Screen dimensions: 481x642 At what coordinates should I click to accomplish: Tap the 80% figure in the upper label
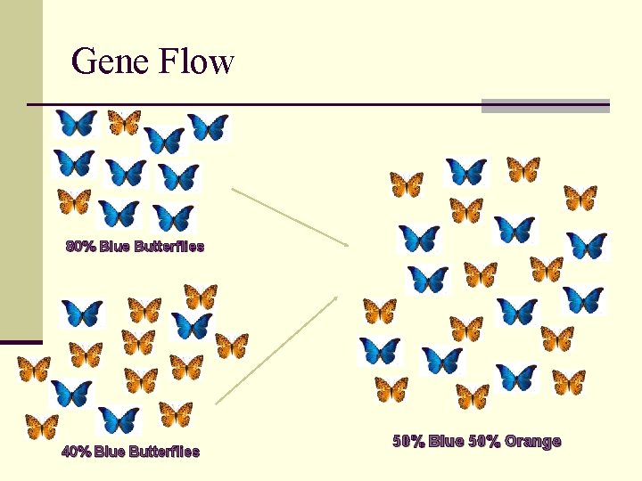(x=81, y=247)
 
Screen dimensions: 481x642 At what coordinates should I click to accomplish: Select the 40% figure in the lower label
(x=77, y=452)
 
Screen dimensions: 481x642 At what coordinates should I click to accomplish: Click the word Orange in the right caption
(x=532, y=441)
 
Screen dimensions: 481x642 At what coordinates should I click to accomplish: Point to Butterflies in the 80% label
(x=169, y=247)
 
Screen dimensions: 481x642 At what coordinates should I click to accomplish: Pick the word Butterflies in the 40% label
(x=164, y=452)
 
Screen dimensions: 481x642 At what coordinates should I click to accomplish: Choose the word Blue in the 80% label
(x=115, y=247)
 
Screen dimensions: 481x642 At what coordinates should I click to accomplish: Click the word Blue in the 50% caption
(x=447, y=441)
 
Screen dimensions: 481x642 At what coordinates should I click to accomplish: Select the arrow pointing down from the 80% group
(x=290, y=216)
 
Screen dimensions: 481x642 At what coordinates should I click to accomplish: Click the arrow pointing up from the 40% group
(x=276, y=349)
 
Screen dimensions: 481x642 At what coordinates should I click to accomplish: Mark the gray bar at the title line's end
(x=545, y=106)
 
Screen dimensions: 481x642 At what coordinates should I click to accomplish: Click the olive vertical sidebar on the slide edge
(x=21, y=160)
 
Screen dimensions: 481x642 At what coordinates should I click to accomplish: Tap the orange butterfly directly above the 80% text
(x=74, y=202)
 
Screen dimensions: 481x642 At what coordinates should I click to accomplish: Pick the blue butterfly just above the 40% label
(x=119, y=420)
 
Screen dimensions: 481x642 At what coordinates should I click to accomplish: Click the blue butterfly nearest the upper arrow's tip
(x=419, y=238)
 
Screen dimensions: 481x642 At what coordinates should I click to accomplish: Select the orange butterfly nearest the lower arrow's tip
(x=380, y=311)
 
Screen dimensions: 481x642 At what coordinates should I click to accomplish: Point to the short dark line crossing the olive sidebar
(x=21, y=342)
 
